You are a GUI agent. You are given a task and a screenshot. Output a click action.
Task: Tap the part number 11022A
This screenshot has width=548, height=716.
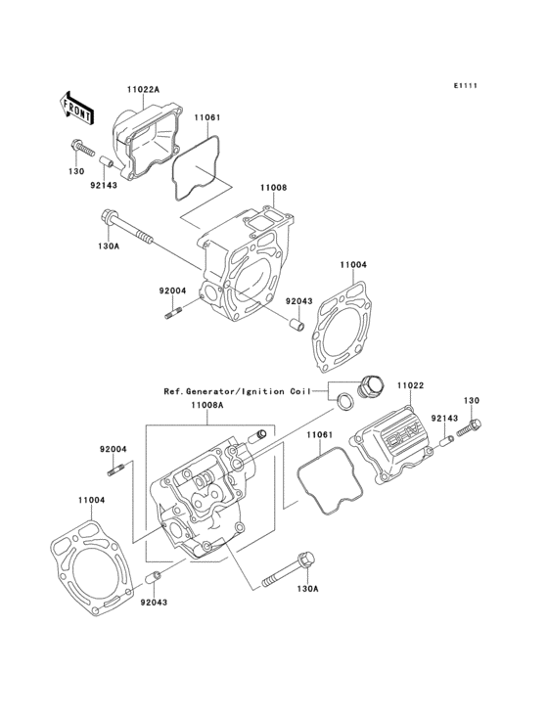(142, 90)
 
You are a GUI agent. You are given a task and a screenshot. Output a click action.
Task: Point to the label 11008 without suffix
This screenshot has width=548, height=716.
(273, 187)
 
